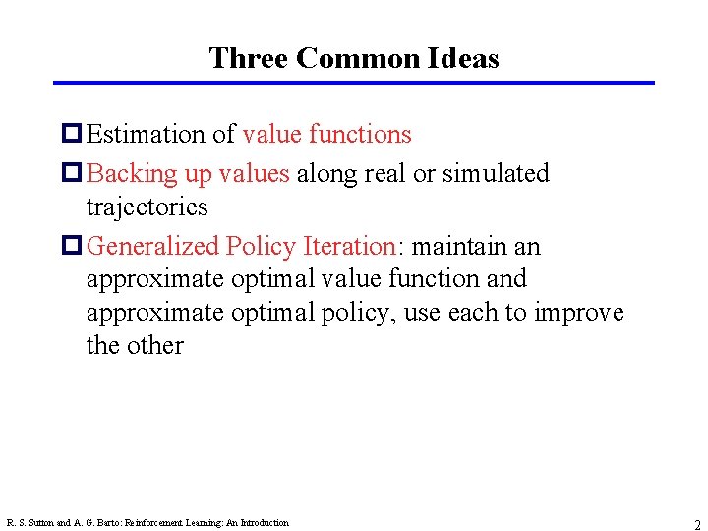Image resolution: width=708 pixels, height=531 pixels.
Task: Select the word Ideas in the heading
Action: point(463,58)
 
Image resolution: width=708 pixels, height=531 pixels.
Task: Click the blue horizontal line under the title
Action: point(354,83)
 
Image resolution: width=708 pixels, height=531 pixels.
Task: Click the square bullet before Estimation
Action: point(73,134)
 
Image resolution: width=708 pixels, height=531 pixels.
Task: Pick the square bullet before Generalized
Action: point(73,246)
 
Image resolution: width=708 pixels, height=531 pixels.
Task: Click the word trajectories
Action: point(147,206)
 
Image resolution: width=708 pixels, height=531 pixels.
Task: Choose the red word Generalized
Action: point(153,246)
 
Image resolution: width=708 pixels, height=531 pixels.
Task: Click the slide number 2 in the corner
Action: point(696,524)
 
